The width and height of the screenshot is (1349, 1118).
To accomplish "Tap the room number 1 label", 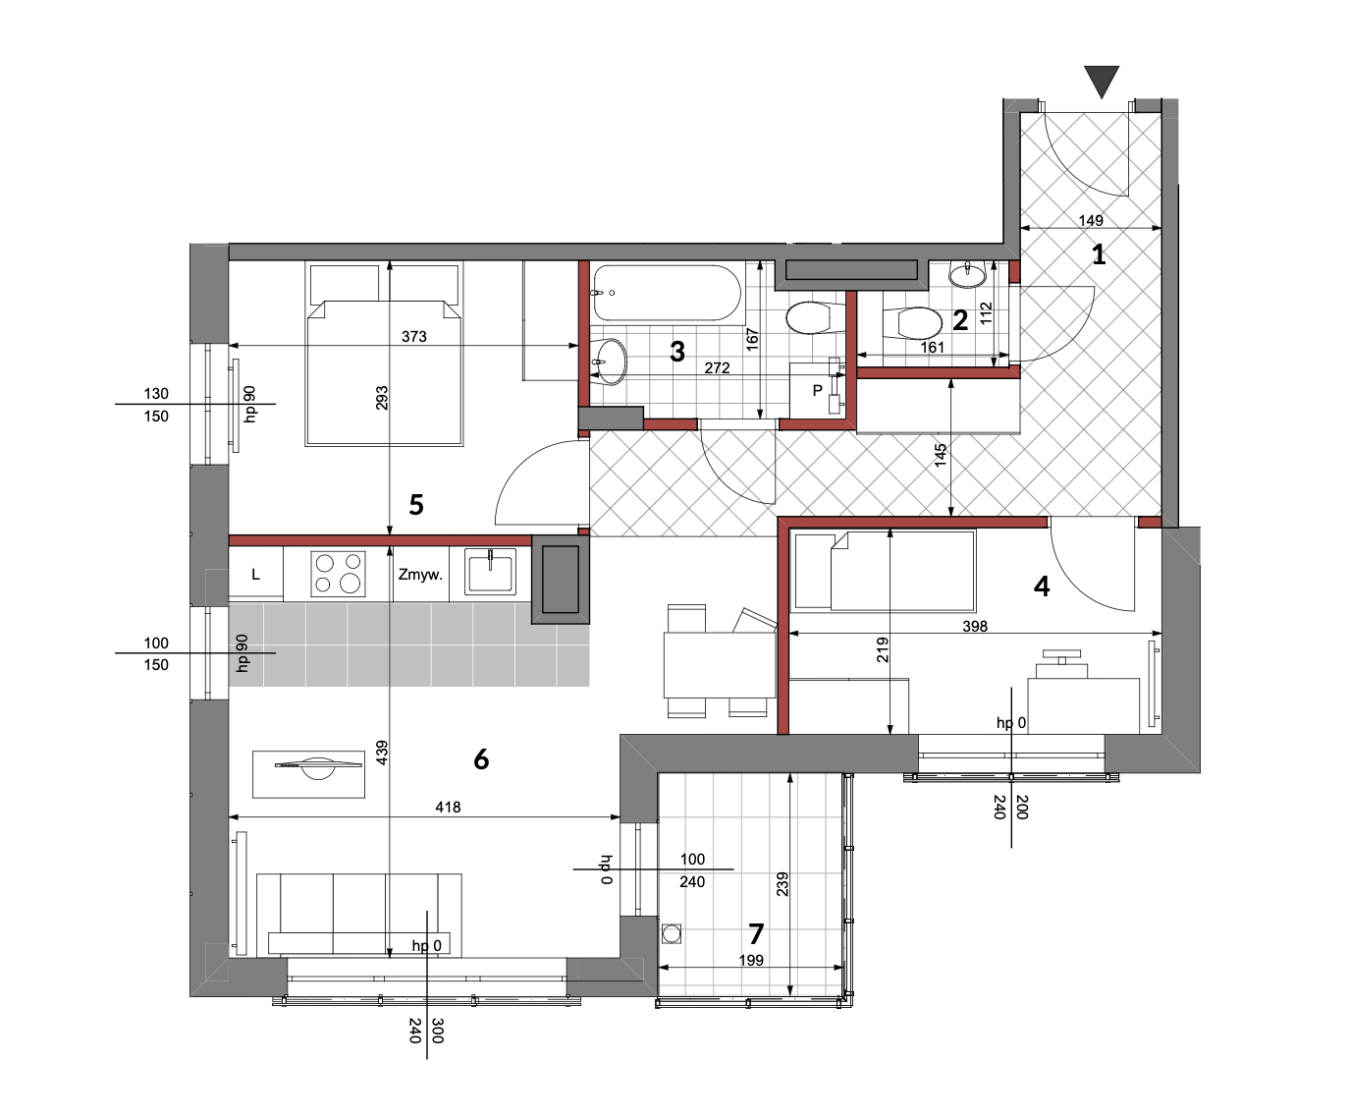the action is [x=1099, y=254].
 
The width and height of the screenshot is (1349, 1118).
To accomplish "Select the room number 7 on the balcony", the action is [x=756, y=933].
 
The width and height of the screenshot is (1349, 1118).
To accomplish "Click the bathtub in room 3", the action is [x=667, y=293].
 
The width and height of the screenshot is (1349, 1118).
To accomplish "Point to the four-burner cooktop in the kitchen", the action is [x=338, y=574].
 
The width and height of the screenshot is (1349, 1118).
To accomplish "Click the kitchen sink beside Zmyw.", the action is [x=491, y=572].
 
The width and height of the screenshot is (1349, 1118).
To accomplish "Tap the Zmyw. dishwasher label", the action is [x=420, y=574].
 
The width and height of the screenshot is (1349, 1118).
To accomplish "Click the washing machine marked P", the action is [x=817, y=391].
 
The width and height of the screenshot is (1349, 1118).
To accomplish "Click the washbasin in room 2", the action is [x=968, y=275].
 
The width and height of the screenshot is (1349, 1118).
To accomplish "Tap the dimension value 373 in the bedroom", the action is [x=414, y=336].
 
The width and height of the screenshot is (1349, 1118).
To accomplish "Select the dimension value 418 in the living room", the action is [x=448, y=807].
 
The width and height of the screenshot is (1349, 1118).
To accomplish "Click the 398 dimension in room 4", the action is [x=975, y=626].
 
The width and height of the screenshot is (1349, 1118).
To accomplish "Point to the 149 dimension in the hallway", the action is [x=1091, y=220].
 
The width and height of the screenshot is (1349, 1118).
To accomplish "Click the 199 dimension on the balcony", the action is [x=751, y=960].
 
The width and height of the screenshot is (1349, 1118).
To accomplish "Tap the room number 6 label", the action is [x=481, y=759].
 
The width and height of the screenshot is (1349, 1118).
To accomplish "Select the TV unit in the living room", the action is [x=309, y=774].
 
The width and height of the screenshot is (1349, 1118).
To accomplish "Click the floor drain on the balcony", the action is [x=672, y=933].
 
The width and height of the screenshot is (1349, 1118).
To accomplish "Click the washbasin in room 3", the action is [x=609, y=363].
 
